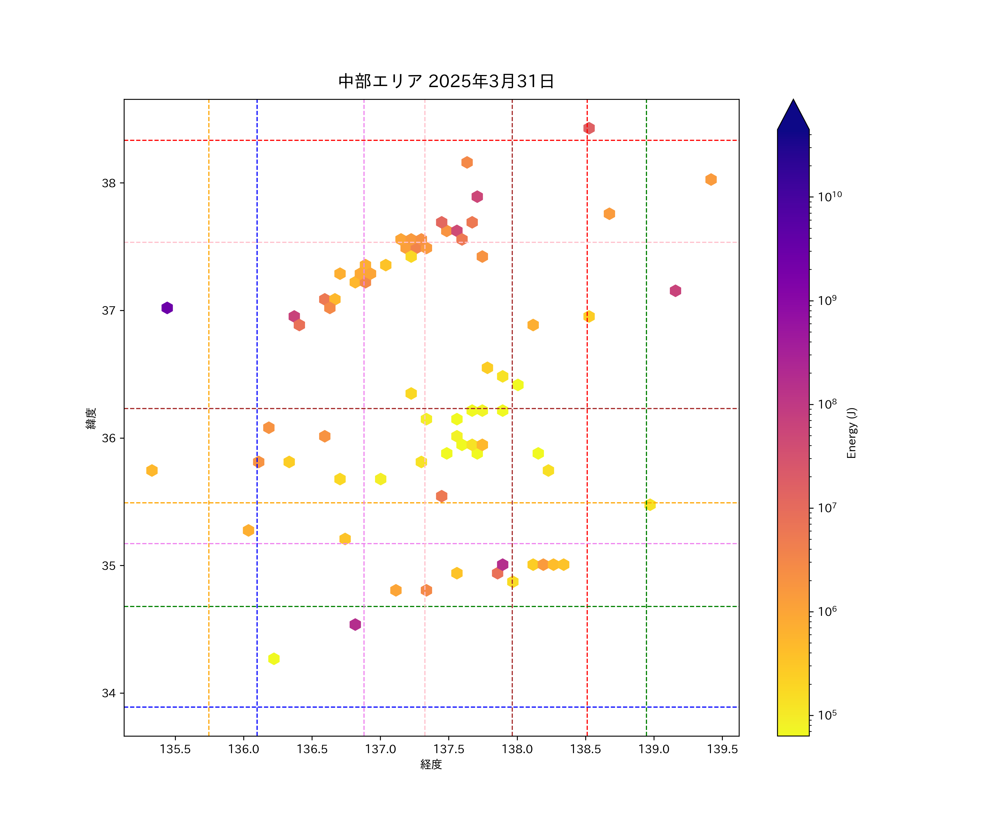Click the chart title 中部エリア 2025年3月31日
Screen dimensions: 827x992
point(446,81)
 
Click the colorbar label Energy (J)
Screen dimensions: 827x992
point(851,433)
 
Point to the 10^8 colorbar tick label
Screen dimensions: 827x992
point(827,404)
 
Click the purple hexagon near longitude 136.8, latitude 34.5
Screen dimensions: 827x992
point(355,625)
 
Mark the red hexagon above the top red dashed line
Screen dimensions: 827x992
point(589,128)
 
